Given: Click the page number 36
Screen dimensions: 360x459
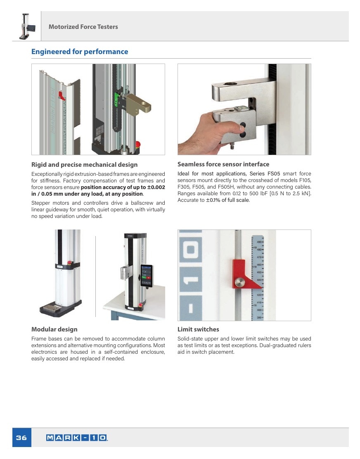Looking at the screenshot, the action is pos(21,438).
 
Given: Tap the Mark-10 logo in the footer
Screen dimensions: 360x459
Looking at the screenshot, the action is pos(77,438).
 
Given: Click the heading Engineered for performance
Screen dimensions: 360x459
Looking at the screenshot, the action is pos(80,52).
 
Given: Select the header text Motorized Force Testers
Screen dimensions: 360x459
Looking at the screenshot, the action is pos(83,27).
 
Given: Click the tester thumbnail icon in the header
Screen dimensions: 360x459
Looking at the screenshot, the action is pos(27,26).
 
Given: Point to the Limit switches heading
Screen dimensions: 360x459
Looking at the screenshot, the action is pos(198,329).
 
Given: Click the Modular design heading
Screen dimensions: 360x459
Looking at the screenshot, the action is pos(54,329).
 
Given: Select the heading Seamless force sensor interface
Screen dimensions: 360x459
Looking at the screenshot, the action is pos(223,164).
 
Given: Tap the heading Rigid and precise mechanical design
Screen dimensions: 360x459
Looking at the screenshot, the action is pos(84,165).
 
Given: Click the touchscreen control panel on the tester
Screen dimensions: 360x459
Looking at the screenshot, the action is pos(147,276).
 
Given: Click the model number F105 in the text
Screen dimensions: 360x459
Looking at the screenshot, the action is pos(305,180).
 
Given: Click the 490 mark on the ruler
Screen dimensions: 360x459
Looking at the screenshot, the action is pos(259,242).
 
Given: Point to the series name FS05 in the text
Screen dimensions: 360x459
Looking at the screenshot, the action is pos(274,174).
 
